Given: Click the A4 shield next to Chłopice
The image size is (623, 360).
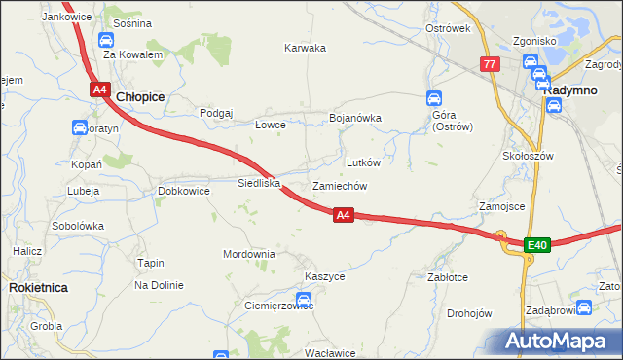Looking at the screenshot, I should (x=99, y=89).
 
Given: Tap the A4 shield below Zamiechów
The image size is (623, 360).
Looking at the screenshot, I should (x=343, y=215).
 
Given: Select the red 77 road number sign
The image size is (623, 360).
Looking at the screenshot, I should (x=490, y=64).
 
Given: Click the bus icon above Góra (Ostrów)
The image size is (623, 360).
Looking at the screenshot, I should (x=435, y=98).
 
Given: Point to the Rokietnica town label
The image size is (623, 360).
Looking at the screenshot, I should (x=37, y=288).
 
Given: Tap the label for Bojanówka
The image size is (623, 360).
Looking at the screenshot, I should (x=355, y=118).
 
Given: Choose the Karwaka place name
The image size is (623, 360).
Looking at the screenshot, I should (x=305, y=48).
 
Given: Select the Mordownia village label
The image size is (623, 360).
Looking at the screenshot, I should (x=249, y=254).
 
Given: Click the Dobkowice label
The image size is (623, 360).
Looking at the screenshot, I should (x=184, y=192).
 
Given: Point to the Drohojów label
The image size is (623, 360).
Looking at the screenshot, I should (x=469, y=313).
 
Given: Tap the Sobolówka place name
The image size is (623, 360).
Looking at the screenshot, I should (x=78, y=225).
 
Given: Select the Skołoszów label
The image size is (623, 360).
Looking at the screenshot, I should (x=528, y=157).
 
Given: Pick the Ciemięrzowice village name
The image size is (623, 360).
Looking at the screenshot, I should (x=278, y=306).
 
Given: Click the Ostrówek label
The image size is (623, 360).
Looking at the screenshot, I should (x=448, y=28).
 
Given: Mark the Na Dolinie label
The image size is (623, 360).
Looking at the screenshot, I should (x=160, y=284).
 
